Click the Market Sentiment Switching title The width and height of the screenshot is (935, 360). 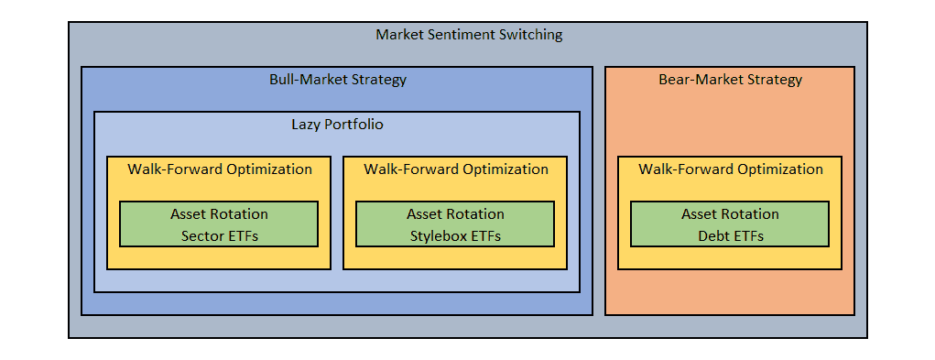coord(469,36)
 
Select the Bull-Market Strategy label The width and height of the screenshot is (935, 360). coord(337,80)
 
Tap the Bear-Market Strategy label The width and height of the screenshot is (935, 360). coord(730,80)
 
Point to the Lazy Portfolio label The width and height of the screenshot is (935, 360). coord(337,125)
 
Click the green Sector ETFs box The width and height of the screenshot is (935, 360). coord(219,224)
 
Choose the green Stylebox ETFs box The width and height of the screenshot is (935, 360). coord(455,224)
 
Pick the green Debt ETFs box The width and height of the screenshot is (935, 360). coord(730,224)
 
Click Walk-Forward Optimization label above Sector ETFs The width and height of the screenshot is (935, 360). coord(219,169)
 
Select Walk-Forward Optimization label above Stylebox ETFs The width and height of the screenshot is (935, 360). coord(455,169)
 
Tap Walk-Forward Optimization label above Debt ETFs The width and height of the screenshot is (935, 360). coord(730,169)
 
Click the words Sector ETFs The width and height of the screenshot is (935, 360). coord(219,236)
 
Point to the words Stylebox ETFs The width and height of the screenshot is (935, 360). coord(455,236)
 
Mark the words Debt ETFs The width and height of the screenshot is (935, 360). coord(730,236)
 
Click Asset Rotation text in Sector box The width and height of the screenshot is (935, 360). coord(219,214)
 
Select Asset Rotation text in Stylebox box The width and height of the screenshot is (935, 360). coord(455,214)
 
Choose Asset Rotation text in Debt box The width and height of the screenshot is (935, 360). coord(730,214)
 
